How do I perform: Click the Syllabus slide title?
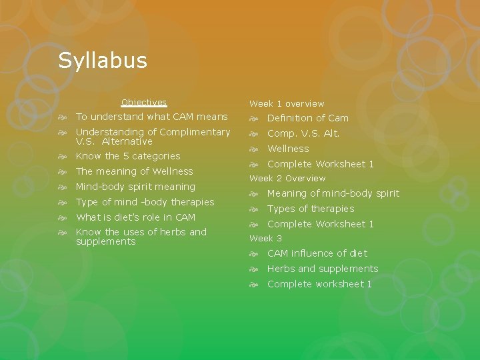point(102,61)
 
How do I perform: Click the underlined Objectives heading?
point(144,103)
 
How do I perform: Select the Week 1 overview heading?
point(287,104)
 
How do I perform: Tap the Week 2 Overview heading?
point(287,179)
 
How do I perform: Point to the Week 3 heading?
point(265,239)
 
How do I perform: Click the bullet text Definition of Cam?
point(307,118)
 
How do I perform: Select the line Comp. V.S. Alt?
point(303,133)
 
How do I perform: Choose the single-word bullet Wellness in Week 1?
point(288,149)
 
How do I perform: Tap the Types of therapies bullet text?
point(311,209)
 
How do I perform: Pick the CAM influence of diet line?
point(317,253)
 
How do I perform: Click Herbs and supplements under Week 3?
point(323,269)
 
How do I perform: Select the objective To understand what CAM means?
point(151,117)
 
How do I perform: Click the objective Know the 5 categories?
point(128,156)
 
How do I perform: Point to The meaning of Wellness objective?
point(134,171)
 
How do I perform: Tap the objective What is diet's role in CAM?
point(135,217)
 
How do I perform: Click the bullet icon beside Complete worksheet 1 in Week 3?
point(253,285)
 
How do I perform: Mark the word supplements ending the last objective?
point(105,241)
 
